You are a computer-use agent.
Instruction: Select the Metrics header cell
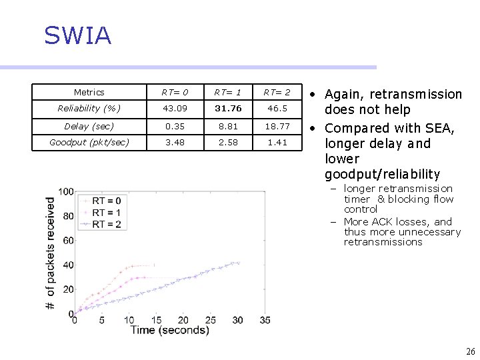click(89, 93)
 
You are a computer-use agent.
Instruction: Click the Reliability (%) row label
click(89, 108)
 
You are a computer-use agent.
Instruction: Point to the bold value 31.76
click(228, 108)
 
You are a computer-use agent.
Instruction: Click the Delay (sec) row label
click(89, 126)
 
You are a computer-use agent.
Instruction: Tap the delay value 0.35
click(175, 126)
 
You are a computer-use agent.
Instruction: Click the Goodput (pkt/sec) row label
click(89, 143)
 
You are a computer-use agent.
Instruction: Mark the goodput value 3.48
click(175, 143)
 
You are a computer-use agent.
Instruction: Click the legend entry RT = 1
click(107, 213)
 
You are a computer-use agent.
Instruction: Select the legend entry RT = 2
click(107, 224)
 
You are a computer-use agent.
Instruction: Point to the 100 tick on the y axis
click(65, 192)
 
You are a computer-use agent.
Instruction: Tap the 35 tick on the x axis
click(264, 321)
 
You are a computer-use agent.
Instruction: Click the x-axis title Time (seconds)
click(170, 331)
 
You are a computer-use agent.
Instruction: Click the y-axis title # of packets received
click(51, 253)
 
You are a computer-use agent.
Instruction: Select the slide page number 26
click(471, 351)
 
